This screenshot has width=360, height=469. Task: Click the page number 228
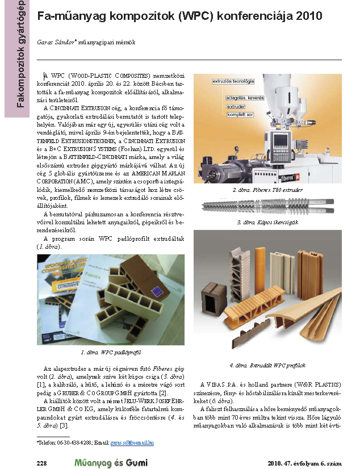(x=41, y=463)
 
